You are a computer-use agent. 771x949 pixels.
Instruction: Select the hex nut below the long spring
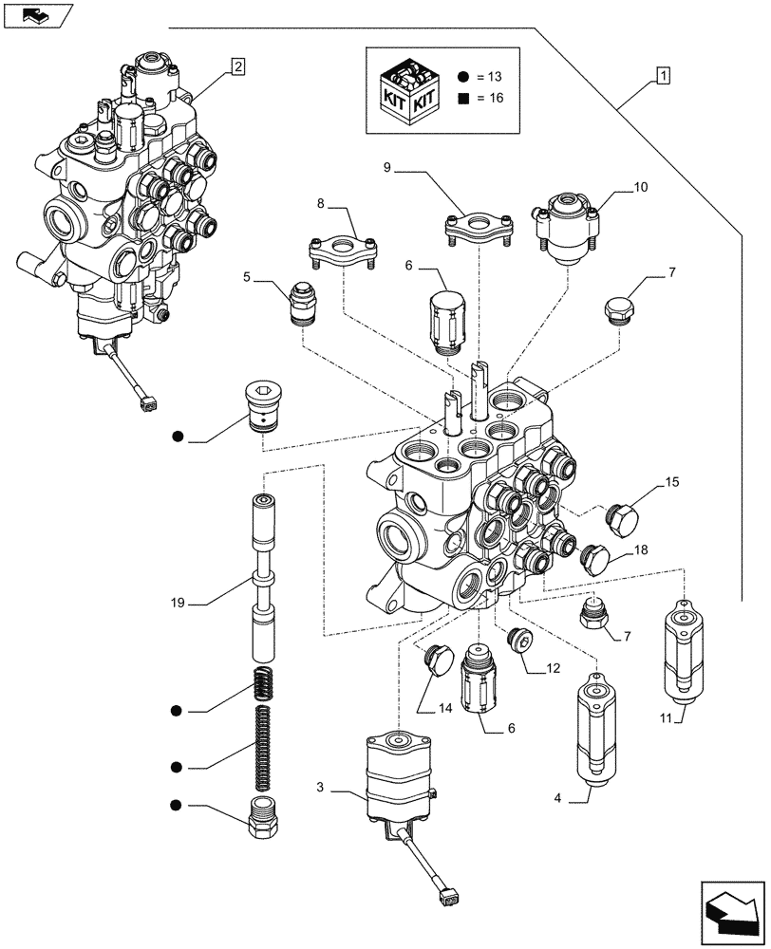(262, 816)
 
